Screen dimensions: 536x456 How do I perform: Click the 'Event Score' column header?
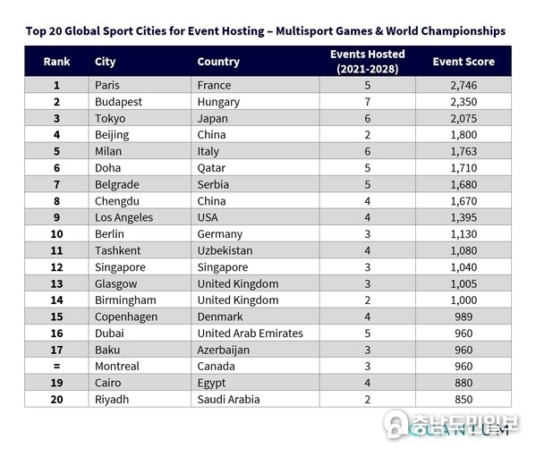(x=464, y=62)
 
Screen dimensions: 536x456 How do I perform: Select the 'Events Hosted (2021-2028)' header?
(x=368, y=62)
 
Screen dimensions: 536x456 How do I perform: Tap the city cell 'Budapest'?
(x=118, y=102)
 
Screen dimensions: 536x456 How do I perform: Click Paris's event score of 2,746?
(x=464, y=85)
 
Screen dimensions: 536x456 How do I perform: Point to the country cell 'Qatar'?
(x=211, y=168)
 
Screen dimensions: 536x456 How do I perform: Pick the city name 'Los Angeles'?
(x=123, y=217)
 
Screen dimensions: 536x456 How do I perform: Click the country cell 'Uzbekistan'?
(x=225, y=250)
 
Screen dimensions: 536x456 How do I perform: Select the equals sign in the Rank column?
(x=56, y=367)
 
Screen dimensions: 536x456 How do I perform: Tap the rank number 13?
(x=56, y=283)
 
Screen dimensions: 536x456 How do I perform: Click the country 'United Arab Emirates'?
(x=251, y=334)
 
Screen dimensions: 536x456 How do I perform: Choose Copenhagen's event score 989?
(x=464, y=317)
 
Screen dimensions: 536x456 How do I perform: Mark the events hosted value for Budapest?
(x=368, y=102)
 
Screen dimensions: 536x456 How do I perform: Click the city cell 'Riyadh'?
(x=112, y=400)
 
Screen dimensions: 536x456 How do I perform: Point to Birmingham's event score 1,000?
(x=464, y=300)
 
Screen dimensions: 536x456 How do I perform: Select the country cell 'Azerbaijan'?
(x=223, y=350)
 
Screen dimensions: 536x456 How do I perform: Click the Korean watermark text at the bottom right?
(x=465, y=424)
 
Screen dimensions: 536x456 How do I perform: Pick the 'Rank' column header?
(x=56, y=62)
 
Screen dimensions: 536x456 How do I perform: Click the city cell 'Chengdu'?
(x=117, y=201)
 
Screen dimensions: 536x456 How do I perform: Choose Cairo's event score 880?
(x=464, y=383)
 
